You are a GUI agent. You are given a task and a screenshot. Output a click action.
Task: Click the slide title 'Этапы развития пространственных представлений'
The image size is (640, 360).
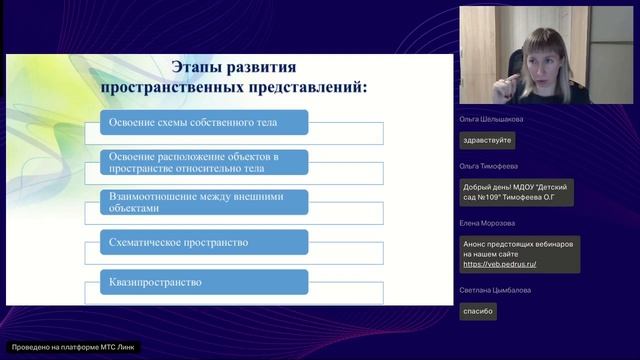[x=236, y=77]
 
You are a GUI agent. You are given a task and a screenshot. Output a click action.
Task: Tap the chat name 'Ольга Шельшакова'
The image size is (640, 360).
[x=491, y=119]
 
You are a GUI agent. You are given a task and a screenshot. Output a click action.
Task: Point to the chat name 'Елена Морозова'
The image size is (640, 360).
[x=487, y=223]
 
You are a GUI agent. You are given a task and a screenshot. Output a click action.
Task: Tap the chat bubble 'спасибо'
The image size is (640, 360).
[x=477, y=312]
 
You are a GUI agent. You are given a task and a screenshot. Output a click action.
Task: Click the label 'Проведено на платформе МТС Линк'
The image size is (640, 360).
[x=72, y=347]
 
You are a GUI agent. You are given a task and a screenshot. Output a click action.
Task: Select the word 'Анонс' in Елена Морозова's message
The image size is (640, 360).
[x=475, y=245]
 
